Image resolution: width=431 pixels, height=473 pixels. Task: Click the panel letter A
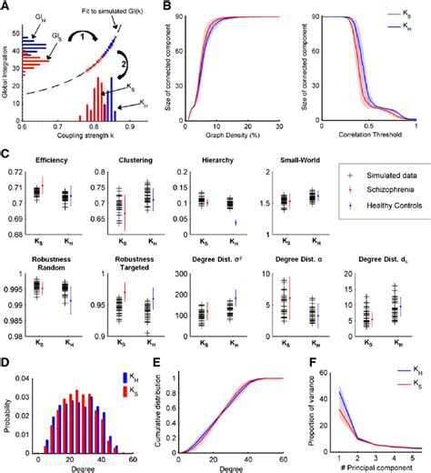click(x=5, y=6)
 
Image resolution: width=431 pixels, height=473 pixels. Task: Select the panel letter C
click(x=5, y=156)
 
